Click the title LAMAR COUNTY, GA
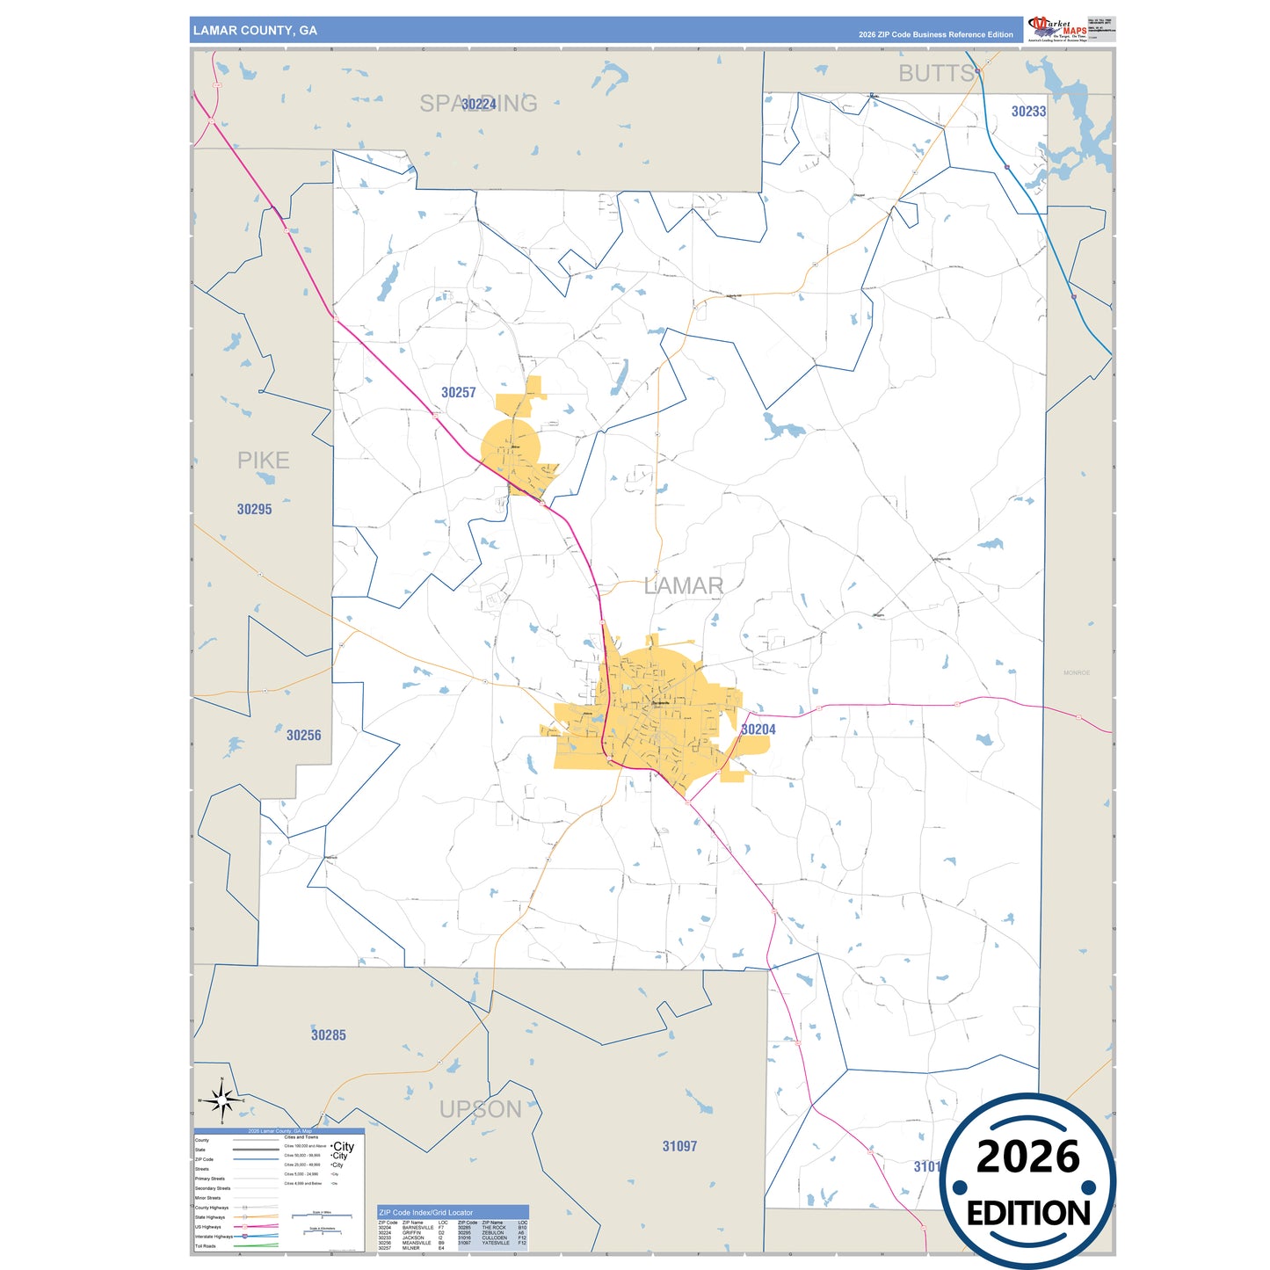[x=255, y=31]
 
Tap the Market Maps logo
[x=1057, y=29]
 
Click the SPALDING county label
[x=478, y=104]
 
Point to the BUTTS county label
[x=936, y=74]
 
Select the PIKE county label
[x=263, y=461]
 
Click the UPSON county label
[x=481, y=1109]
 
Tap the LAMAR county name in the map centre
[x=684, y=585]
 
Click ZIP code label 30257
[x=458, y=393]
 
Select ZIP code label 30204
[x=758, y=729]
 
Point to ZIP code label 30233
[x=1028, y=112]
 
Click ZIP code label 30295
[x=254, y=510]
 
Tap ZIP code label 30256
[x=303, y=736]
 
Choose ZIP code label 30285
[x=328, y=1035]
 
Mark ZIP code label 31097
[x=679, y=1146]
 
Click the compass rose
[x=222, y=1099]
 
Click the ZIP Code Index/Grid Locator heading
[x=425, y=1213]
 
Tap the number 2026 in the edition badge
[x=1027, y=1158]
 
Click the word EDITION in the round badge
[x=1027, y=1214]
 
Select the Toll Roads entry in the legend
[x=205, y=1246]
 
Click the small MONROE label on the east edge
[x=1077, y=673]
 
